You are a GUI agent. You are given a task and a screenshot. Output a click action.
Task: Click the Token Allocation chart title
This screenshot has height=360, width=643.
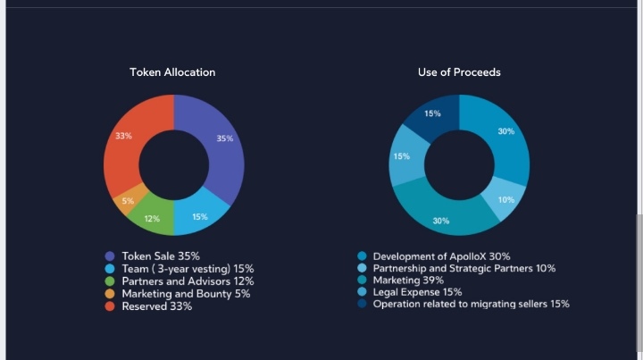pos(172,72)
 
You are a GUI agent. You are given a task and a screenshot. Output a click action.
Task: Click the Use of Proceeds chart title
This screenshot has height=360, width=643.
pos(459,72)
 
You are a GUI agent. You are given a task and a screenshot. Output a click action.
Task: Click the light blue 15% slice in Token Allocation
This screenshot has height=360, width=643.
pos(199,215)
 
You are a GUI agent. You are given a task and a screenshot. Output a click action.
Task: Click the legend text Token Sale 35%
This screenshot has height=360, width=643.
pos(161,256)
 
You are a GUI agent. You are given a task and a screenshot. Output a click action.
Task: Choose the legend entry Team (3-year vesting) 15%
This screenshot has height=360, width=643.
pos(188,269)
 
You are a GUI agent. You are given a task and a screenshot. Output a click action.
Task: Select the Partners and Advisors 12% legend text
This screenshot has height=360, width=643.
pos(188,281)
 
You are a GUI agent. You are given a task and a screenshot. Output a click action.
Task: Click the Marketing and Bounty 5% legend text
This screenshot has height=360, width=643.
pos(186,294)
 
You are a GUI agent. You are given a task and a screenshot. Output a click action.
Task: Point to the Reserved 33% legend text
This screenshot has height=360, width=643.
pos(156,306)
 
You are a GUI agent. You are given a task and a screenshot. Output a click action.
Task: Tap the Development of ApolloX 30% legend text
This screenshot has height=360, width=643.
pos(442,256)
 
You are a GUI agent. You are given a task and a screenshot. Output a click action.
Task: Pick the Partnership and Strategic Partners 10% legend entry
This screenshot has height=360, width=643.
pos(463,268)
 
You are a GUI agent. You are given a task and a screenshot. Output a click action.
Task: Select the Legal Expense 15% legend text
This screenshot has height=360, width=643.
pos(417,292)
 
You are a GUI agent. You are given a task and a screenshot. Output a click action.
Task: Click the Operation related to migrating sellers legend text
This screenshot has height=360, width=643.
pos(471,304)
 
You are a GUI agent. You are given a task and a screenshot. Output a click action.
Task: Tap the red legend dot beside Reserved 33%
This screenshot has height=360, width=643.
pos(110,306)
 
